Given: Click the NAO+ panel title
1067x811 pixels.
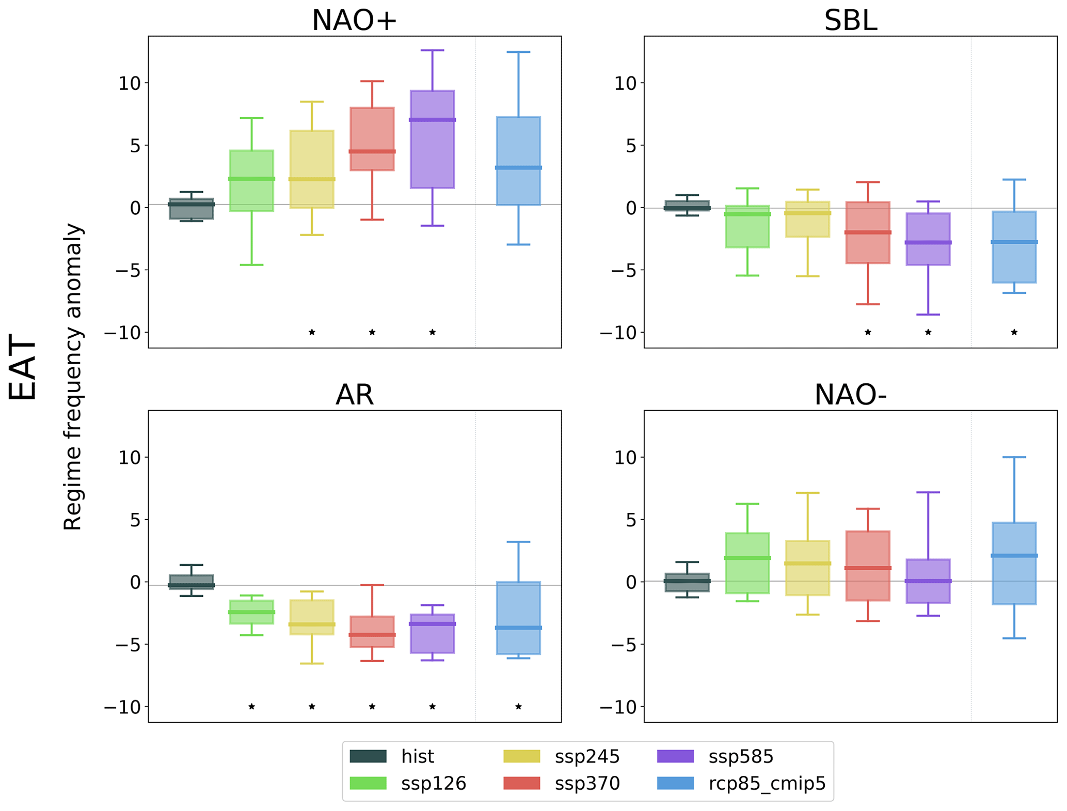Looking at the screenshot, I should pos(354,21).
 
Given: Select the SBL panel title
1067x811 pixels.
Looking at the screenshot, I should pos(850,21).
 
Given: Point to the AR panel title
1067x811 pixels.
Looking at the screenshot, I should pos(354,395).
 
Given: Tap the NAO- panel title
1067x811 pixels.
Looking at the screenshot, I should pos(850,395).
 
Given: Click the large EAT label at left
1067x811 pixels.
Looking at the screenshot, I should pos(23,367).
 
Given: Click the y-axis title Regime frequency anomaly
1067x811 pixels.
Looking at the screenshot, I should pos(73,377).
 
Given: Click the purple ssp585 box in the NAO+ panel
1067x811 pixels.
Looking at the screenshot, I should pos(433,139).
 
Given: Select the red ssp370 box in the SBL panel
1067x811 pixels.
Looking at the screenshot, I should pos(868,232).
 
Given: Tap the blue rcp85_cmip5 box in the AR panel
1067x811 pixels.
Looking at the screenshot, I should pos(518,618).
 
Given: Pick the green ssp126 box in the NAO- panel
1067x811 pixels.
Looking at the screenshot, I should pos(747,563).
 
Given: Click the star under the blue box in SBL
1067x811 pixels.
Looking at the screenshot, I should pos(1014,332).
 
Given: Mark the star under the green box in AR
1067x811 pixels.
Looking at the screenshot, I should pos(251,706).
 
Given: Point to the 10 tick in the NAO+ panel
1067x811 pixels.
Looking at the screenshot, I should pos(129,83).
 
